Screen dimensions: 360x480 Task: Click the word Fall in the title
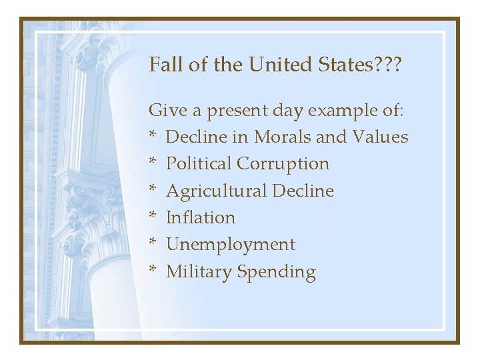[x=163, y=65]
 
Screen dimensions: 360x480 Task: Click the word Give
[x=165, y=109]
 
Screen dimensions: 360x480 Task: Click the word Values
[x=379, y=137]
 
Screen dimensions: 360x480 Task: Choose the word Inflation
[x=200, y=217]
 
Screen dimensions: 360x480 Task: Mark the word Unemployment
[x=230, y=245]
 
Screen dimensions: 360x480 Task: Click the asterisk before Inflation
[x=153, y=216]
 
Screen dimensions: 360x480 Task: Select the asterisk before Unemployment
[x=153, y=243]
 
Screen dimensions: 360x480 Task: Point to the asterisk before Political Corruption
[x=153, y=162]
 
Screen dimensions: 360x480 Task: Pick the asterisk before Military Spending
[x=153, y=270]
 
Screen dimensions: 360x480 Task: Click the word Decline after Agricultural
[x=303, y=191]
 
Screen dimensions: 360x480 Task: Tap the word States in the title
[x=342, y=65]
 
